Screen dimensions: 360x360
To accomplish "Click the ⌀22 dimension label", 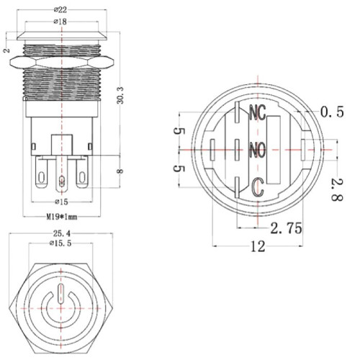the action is point(60,10).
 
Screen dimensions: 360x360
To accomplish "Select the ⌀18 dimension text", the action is point(60,22).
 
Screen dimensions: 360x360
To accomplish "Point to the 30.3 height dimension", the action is point(120,95).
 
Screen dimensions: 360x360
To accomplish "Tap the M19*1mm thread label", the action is point(62,217).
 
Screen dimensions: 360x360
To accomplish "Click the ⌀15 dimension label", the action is point(61,202).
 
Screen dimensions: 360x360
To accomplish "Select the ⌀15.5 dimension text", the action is point(61,243).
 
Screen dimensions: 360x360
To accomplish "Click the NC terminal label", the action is point(258,112).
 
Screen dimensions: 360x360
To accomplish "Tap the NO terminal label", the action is point(258,150).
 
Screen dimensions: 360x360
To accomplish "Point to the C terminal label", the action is point(258,187).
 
